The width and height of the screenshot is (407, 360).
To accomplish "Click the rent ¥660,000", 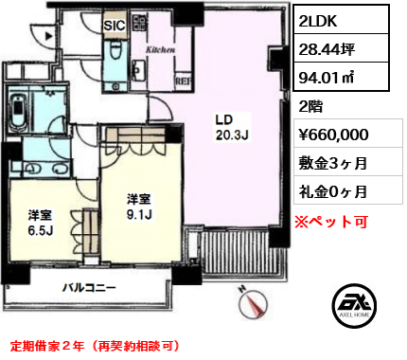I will point(340,135).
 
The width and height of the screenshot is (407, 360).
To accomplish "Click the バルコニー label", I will point(91,287).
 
